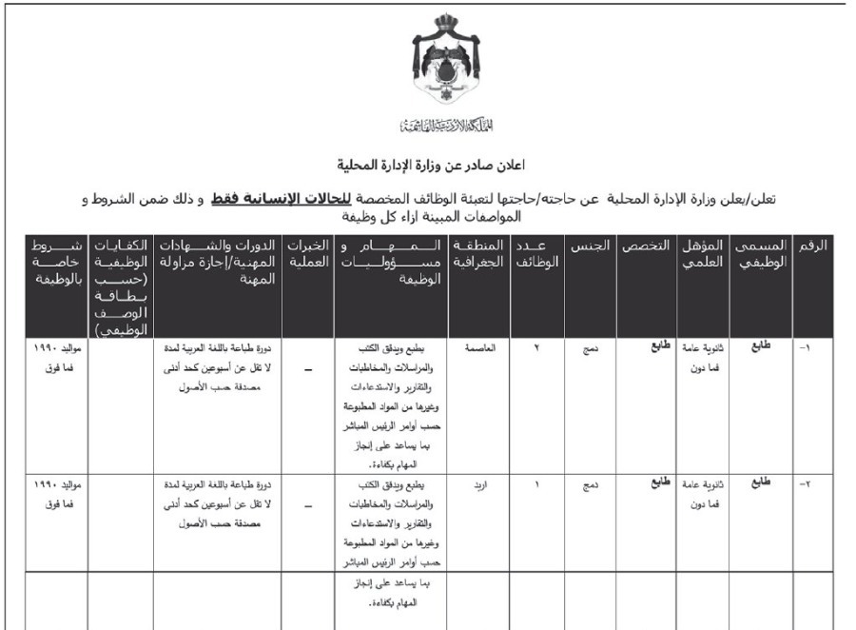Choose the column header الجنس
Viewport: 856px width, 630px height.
[590, 246]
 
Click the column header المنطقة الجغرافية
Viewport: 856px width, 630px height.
[477, 254]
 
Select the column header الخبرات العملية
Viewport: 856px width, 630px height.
[308, 254]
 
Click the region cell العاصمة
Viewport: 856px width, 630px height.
[477, 347]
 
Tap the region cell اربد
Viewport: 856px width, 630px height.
[479, 483]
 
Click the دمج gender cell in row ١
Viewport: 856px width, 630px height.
[590, 348]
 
